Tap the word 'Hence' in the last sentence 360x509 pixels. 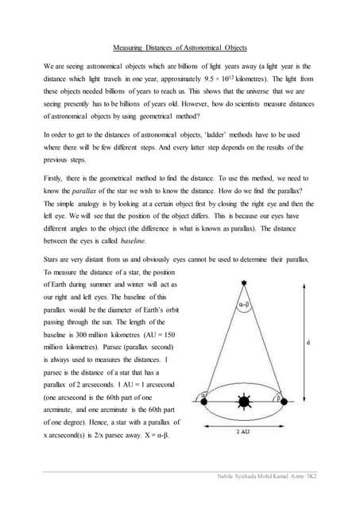[x=90, y=422]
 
